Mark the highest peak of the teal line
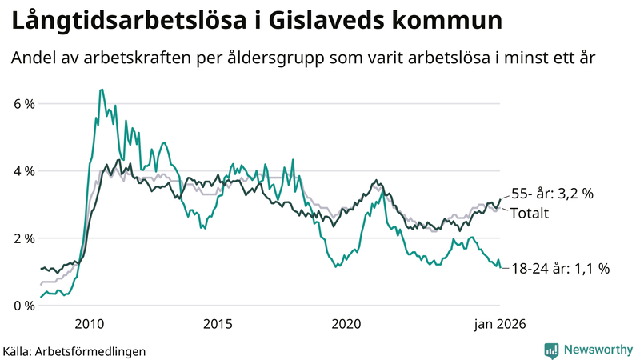[x=101, y=90]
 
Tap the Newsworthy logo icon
[x=551, y=350]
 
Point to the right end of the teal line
[x=500, y=267]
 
